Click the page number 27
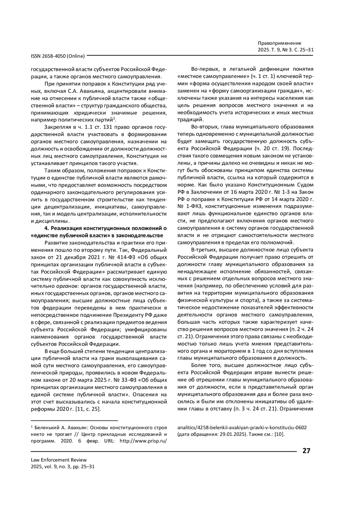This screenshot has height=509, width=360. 306,451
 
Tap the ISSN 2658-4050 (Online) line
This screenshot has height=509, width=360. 58,56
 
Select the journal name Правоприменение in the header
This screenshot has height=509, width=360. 279,43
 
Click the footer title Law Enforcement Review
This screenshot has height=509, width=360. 59,460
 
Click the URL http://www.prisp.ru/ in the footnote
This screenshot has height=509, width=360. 143,441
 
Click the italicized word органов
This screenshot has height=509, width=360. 68,286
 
